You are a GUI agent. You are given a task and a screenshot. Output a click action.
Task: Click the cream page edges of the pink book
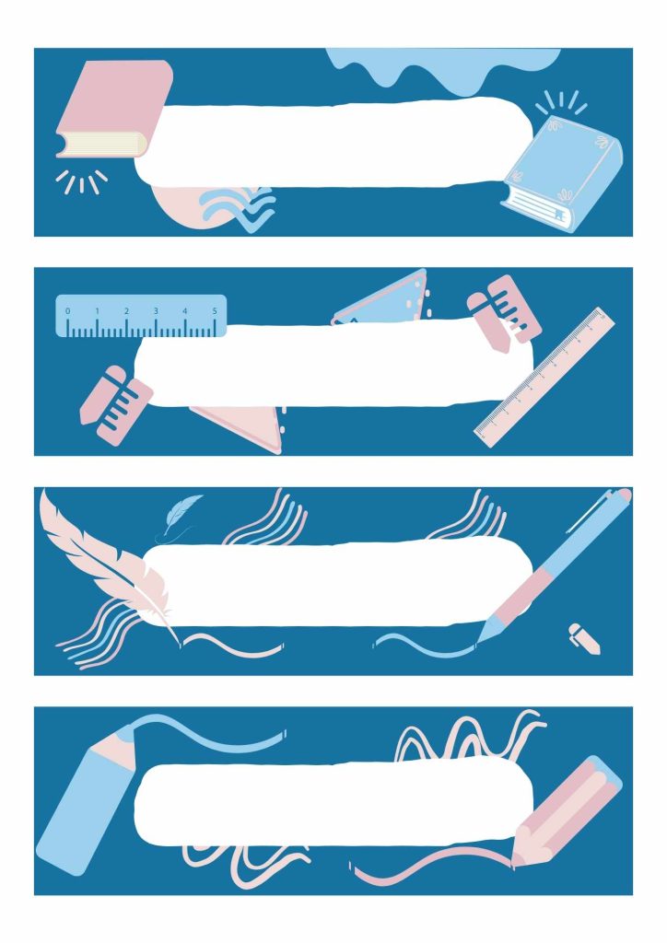coord(103,143)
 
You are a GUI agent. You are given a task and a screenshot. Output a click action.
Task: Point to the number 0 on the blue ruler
coord(67,311)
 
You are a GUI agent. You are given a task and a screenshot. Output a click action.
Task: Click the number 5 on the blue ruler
coord(215,311)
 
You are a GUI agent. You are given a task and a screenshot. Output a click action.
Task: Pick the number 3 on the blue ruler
coord(156,311)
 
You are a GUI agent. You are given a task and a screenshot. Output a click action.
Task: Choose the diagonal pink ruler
coord(544,377)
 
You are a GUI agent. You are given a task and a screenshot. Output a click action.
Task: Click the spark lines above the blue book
coord(561,103)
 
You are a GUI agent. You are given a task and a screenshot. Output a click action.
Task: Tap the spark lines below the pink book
coord(82,181)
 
